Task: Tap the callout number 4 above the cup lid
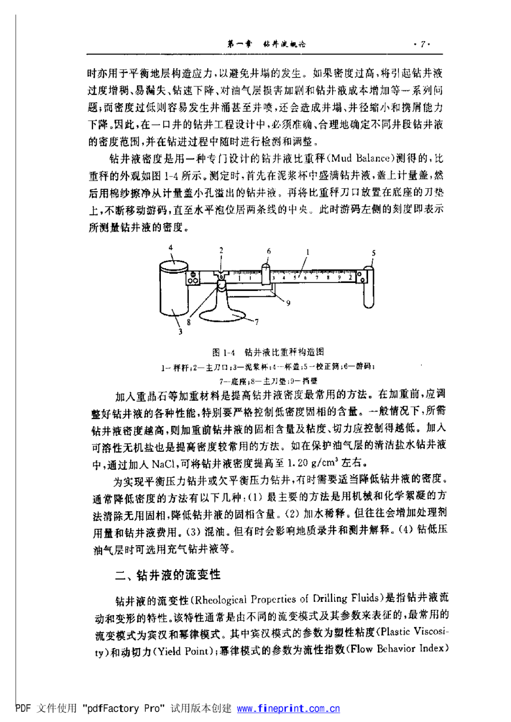pos(171,247)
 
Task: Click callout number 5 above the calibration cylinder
pos(373,253)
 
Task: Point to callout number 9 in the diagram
pos(288,303)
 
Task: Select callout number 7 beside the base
pos(256,322)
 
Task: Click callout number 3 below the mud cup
pos(180,332)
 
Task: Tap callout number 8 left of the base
pos(189,322)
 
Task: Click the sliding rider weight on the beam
pos(265,273)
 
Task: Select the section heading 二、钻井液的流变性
pos(167,575)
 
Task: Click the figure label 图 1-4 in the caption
pos(223,352)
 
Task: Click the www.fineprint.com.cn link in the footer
pos(288,708)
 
